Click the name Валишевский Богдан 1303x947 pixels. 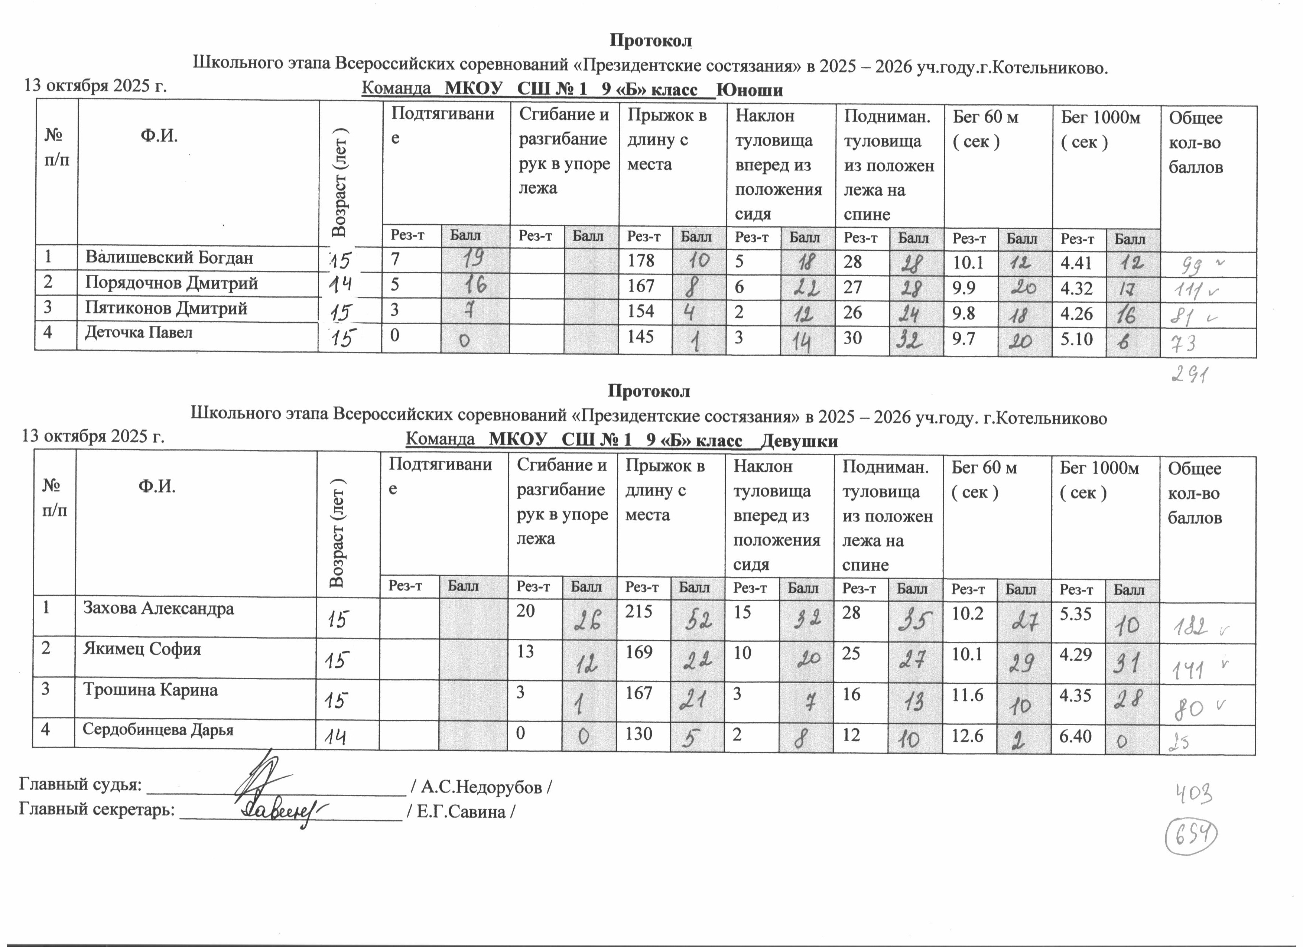point(169,258)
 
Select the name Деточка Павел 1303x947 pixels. point(139,333)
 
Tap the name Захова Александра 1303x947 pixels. point(159,608)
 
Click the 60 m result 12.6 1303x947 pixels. point(968,736)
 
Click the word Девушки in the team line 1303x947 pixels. point(799,441)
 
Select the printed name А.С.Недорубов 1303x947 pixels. point(481,787)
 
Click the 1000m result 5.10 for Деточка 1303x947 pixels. point(1077,339)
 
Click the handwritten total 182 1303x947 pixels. point(1189,627)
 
